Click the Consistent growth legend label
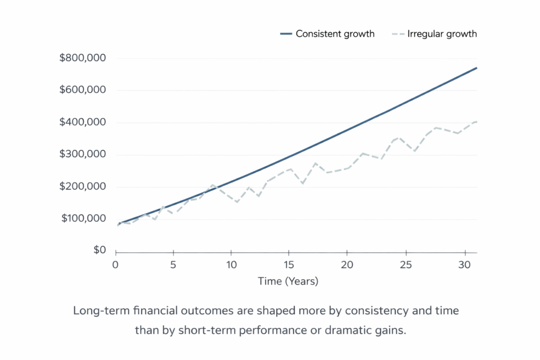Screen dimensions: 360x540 tap(335, 34)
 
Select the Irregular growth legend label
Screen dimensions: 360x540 tap(442, 34)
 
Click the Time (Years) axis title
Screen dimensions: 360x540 tap(288, 281)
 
